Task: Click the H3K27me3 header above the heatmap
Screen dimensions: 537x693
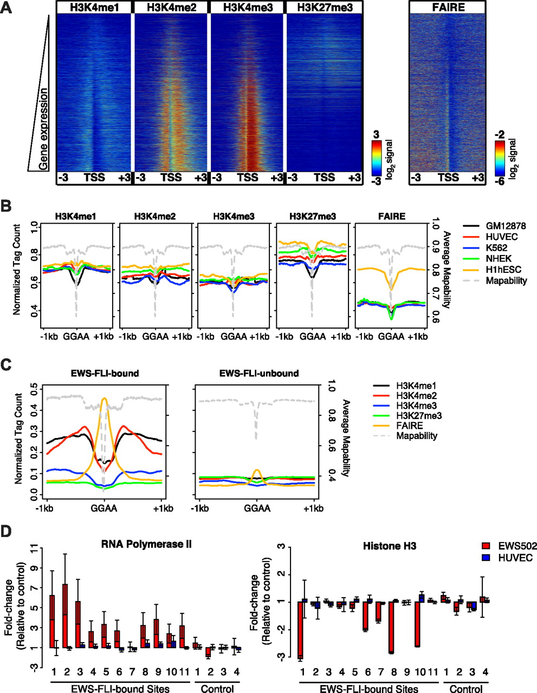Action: click(325, 8)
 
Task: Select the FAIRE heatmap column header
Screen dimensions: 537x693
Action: click(448, 8)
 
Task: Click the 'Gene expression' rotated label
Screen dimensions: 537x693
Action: click(43, 129)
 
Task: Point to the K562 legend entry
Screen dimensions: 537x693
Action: click(485, 248)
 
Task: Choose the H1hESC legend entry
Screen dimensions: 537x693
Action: click(492, 270)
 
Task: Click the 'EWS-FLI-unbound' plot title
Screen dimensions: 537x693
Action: click(259, 373)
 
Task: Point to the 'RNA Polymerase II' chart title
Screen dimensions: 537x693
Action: click(146, 544)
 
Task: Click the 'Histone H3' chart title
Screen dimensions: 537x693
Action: click(390, 546)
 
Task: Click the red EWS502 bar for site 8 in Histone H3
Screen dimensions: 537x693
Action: click(391, 627)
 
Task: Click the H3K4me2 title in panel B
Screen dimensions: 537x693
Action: click(155, 216)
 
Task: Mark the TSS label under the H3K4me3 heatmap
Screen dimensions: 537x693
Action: click(248, 178)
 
